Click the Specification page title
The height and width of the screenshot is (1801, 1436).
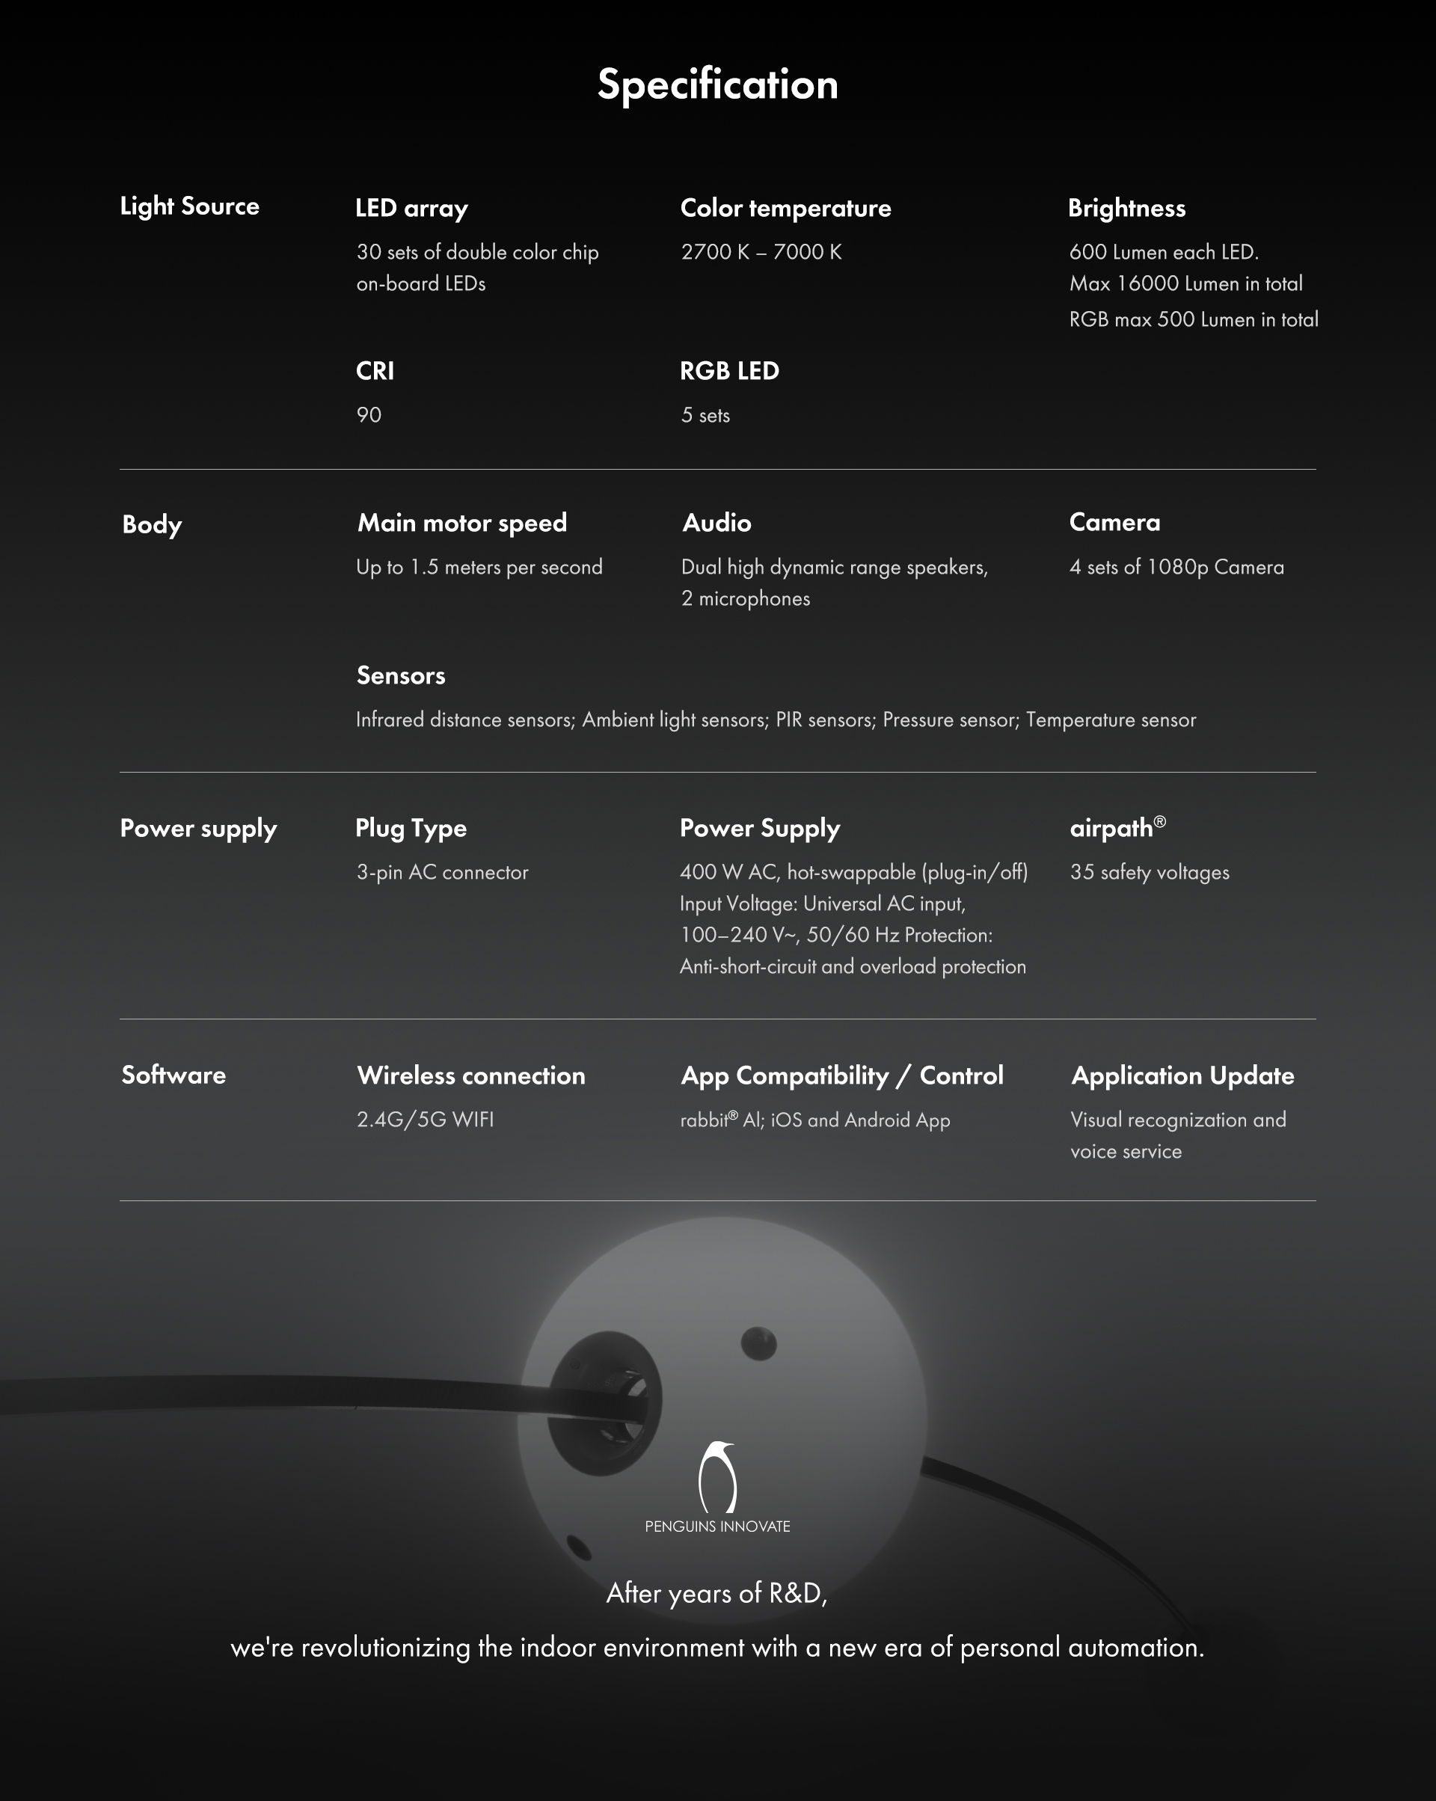point(717,85)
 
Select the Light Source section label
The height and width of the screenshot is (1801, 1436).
point(190,206)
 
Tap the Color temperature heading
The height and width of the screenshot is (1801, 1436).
point(785,208)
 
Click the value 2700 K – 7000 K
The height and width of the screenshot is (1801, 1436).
point(761,252)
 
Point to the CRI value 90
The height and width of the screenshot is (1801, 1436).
point(369,415)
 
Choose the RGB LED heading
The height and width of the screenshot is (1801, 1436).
point(729,371)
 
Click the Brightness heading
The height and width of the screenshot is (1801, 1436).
point(1126,208)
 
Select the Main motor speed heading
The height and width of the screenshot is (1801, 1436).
point(462,523)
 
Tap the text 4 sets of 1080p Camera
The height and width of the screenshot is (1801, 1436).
point(1176,567)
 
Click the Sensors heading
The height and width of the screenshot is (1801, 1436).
point(401,675)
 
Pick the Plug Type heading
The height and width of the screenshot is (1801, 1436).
point(411,828)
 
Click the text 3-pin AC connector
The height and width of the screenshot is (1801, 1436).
point(442,872)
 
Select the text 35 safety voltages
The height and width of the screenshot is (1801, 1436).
point(1150,872)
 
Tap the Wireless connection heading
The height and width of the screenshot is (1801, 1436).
point(471,1075)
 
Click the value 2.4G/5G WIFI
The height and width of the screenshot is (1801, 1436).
point(426,1120)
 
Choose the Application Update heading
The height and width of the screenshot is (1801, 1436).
point(1183,1075)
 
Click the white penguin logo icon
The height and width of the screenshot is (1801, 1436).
point(717,1477)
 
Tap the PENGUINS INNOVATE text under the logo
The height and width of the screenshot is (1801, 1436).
point(717,1527)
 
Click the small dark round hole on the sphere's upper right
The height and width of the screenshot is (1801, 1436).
point(758,1343)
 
